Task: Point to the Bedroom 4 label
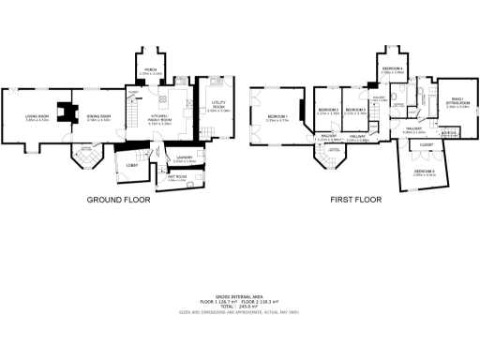pos(392,69)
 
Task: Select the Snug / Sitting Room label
pos(458,104)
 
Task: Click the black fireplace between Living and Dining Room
pos(65,112)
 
